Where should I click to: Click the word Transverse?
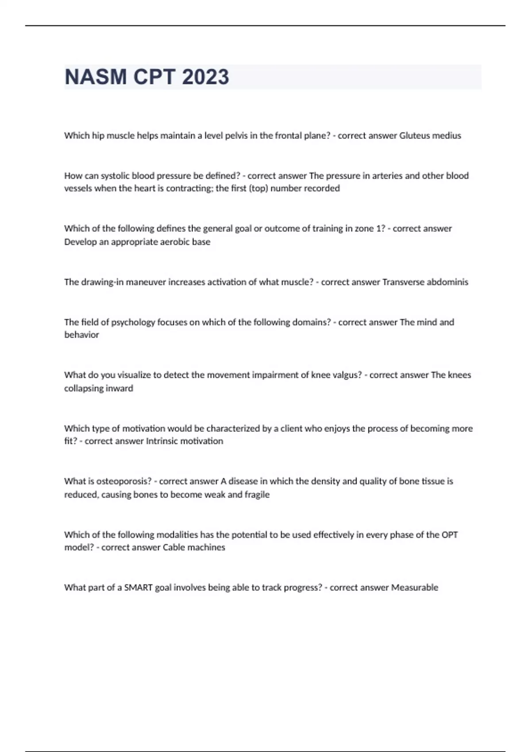[403, 282]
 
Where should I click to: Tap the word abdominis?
[447, 282]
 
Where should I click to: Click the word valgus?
[346, 375]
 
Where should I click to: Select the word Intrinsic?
[162, 441]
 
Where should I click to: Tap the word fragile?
[257, 495]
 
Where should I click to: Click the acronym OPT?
[450, 535]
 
